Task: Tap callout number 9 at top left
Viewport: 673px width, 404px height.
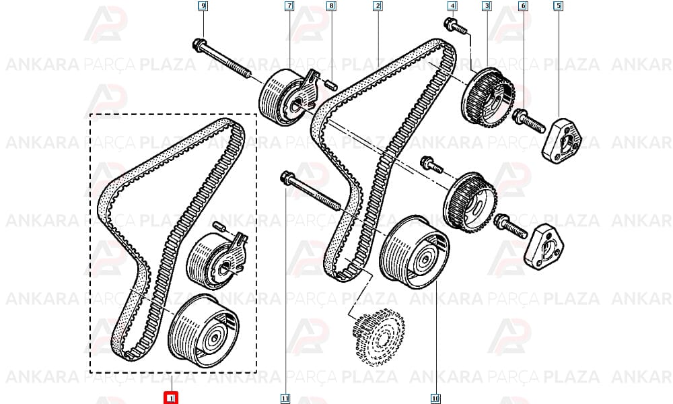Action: click(x=203, y=6)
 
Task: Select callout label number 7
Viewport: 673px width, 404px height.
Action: click(x=289, y=6)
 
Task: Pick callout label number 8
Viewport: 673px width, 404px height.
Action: click(x=330, y=6)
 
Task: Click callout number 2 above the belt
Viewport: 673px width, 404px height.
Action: click(x=378, y=6)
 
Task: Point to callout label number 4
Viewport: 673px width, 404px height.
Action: click(x=452, y=6)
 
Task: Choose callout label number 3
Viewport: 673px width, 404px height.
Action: click(x=487, y=6)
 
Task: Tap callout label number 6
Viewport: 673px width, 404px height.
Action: click(x=522, y=6)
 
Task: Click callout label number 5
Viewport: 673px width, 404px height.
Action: click(x=558, y=6)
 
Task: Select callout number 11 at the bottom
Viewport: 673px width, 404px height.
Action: click(x=285, y=399)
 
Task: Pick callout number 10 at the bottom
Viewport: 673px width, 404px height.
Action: click(x=435, y=399)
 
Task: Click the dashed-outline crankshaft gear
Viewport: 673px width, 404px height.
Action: click(x=378, y=337)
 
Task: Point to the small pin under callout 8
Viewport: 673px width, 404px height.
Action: click(x=330, y=83)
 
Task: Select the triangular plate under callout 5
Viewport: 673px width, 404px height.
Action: click(x=561, y=140)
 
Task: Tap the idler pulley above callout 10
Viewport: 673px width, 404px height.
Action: click(x=415, y=252)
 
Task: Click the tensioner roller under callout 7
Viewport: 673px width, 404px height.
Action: click(x=289, y=97)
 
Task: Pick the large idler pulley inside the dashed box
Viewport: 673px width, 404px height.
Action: click(x=203, y=331)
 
